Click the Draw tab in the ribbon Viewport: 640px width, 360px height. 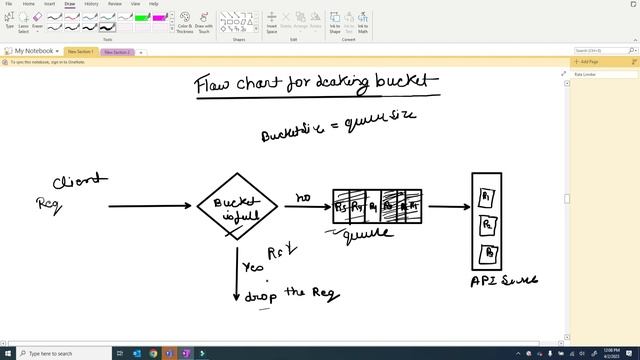(70, 4)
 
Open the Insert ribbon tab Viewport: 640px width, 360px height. (49, 4)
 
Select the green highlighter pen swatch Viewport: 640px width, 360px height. (142, 17)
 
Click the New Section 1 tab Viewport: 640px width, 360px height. (81, 51)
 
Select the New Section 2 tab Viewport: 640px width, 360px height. (117, 51)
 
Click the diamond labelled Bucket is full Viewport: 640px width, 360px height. (236, 205)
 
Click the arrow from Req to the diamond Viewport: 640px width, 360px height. (149, 206)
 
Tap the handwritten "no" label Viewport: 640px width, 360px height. (303, 198)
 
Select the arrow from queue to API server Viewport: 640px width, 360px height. (447, 207)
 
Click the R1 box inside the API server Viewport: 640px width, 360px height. (486, 194)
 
